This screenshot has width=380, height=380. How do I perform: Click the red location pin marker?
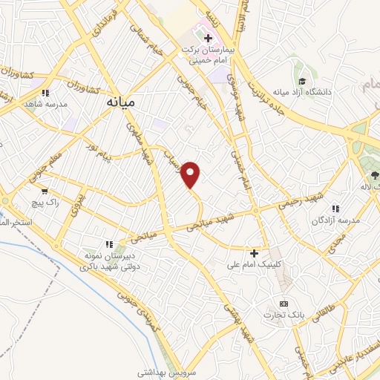[x=191, y=174]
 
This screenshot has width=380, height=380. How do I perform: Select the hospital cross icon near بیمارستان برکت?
[x=209, y=38]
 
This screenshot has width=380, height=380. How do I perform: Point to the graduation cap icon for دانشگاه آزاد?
[x=301, y=82]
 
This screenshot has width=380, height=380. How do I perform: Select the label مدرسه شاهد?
[x=46, y=104]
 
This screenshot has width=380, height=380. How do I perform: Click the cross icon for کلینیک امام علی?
[x=255, y=254]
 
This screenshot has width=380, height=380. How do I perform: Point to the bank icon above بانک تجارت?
[x=283, y=304]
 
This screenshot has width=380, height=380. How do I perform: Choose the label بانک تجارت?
[x=283, y=315]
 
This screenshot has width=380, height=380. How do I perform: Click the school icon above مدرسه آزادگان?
[x=335, y=209]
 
